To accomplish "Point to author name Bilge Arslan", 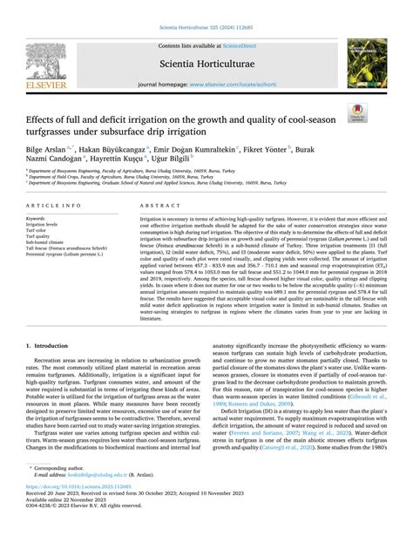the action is (54, 150).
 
